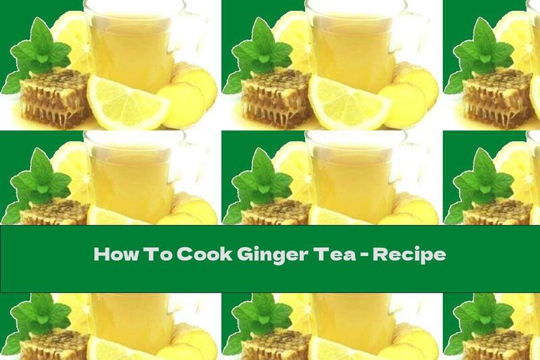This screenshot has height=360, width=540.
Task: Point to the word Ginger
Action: (x=261, y=257)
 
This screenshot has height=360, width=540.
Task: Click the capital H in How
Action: (x=100, y=255)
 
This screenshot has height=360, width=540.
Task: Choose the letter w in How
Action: (x=125, y=257)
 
